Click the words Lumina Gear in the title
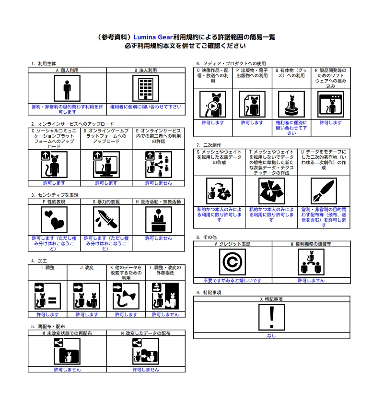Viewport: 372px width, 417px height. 153,37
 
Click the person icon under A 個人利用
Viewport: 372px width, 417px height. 67,88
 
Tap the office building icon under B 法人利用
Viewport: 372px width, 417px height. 146,88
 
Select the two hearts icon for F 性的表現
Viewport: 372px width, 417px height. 54,220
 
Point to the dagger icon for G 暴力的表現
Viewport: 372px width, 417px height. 106,220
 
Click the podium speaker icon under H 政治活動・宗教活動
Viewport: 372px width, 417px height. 159,220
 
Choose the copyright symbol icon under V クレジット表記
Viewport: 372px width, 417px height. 232,262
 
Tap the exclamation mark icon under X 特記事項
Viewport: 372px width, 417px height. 271,317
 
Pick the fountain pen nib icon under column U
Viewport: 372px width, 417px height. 324,191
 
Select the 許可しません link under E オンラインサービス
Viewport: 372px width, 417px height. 159,183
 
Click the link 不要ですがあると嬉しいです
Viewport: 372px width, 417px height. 232,281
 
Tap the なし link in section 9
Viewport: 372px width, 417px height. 271,336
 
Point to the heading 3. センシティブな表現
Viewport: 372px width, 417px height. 55,195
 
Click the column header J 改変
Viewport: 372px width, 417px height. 87,268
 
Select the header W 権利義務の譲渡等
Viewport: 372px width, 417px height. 311,244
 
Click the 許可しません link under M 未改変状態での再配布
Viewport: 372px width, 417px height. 67,370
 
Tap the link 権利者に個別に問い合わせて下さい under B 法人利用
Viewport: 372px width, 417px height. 146,107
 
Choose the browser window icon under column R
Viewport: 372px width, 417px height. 331,105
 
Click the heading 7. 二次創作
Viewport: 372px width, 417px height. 209,145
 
